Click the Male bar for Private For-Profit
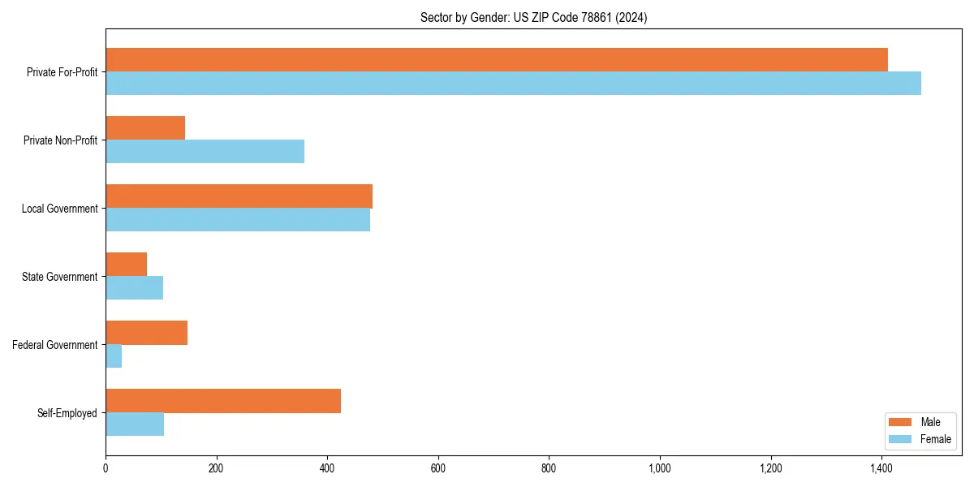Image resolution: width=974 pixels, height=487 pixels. (x=497, y=60)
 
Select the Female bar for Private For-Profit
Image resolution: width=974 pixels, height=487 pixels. (x=513, y=84)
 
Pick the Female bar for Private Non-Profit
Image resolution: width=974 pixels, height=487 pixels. (x=205, y=152)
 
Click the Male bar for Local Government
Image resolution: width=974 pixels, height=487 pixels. (x=239, y=196)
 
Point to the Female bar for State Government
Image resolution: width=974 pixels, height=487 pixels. (x=134, y=288)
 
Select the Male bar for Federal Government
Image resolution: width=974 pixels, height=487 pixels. (x=146, y=333)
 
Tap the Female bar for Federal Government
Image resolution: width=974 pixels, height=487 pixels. (x=114, y=356)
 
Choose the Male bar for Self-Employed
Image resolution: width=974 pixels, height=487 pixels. (x=223, y=401)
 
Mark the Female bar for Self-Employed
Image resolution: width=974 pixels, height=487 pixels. (x=135, y=425)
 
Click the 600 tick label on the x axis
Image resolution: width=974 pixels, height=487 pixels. (x=438, y=468)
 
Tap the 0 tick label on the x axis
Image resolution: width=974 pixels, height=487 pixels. (x=106, y=468)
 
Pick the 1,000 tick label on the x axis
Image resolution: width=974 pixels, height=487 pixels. (x=660, y=468)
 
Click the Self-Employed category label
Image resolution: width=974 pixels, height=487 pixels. (x=67, y=413)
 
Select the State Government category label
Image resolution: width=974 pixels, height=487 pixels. (x=60, y=277)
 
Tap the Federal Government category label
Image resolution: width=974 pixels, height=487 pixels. (x=55, y=345)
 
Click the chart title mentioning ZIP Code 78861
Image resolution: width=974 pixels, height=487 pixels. (x=533, y=17)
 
